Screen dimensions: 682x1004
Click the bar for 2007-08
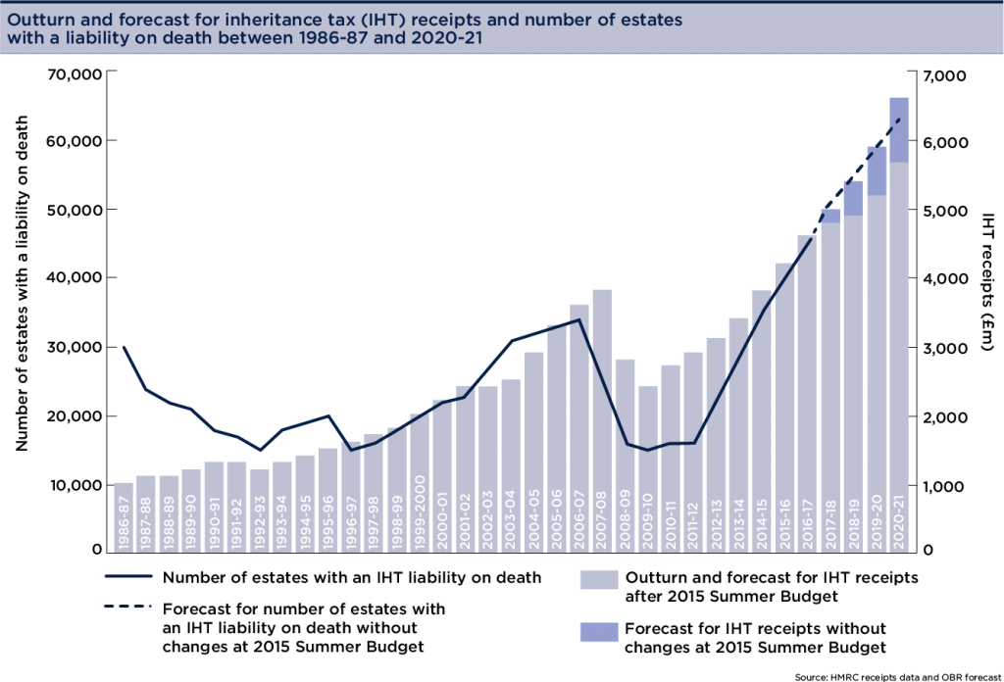click(602, 412)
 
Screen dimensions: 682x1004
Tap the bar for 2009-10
click(647, 461)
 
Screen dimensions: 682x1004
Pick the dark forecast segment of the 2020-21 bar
click(899, 129)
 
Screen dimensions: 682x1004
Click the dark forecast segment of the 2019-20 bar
click(877, 171)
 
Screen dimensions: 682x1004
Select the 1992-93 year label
click(260, 524)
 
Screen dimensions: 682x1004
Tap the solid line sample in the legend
click(128, 576)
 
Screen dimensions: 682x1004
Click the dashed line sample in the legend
click(128, 607)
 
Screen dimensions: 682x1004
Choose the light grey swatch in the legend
click(599, 579)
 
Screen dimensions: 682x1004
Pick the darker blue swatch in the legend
click(599, 632)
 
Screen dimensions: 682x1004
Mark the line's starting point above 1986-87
click(124, 346)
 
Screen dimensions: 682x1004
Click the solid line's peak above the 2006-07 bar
click(578, 319)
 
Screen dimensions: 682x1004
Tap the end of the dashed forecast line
click(899, 119)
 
